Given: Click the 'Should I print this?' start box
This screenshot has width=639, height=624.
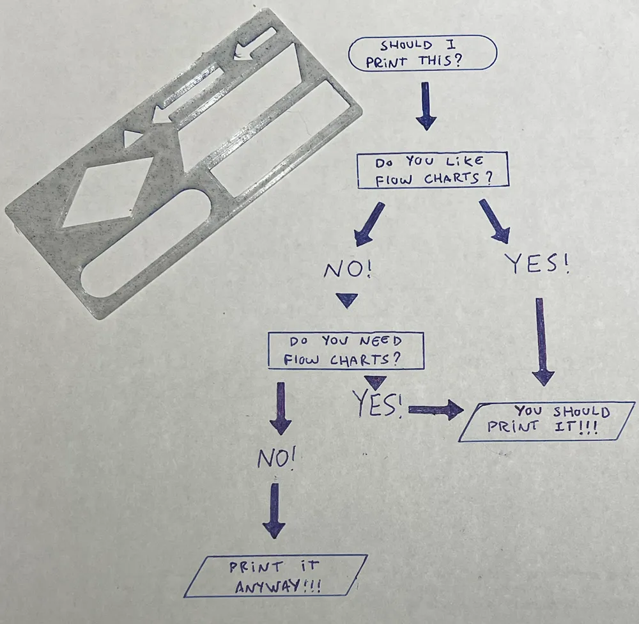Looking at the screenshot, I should click(422, 53).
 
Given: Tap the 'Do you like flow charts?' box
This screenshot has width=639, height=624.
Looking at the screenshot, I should click(433, 170).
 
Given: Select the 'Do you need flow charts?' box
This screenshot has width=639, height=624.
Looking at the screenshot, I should click(345, 350).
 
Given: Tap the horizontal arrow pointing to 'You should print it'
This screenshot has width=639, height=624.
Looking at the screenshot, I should click(435, 410).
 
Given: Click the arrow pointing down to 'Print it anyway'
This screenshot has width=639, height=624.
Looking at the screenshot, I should click(275, 510).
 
